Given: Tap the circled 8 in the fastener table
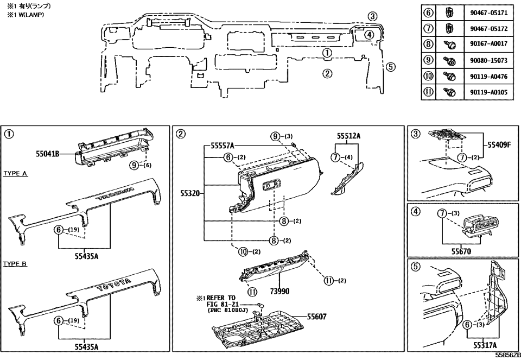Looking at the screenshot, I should click(x=428, y=44).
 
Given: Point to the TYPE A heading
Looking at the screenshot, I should click(x=16, y=173).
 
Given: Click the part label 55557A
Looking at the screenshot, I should click(x=219, y=146).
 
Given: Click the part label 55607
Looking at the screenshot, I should click(x=340, y=316).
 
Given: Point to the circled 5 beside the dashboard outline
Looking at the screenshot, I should click(x=391, y=67).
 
